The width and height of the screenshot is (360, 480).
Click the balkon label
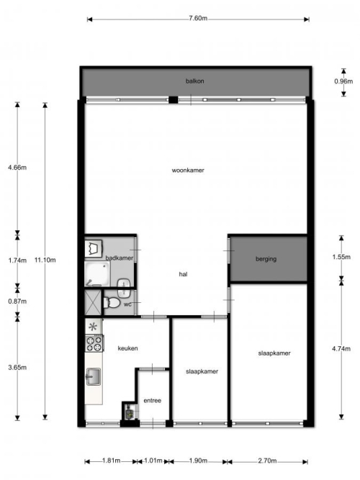click(x=194, y=81)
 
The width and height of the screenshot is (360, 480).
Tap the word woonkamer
click(x=188, y=171)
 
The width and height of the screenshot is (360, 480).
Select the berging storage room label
click(x=266, y=259)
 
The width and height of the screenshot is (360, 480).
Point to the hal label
click(x=183, y=274)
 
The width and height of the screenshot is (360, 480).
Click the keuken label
click(x=127, y=348)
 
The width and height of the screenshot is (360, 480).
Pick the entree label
click(x=152, y=401)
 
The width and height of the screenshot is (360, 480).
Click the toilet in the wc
click(x=112, y=302)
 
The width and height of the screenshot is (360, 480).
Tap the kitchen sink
click(x=93, y=376)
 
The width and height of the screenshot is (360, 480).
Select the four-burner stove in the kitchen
click(x=94, y=343)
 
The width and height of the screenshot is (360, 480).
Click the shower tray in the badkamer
click(x=96, y=273)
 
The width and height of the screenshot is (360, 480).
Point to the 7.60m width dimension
click(x=198, y=19)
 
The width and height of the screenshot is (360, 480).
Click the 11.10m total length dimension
click(x=45, y=261)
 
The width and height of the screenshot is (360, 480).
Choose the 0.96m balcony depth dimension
click(x=343, y=81)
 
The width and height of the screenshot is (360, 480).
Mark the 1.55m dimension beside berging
click(x=341, y=257)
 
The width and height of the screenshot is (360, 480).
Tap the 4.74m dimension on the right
click(x=341, y=349)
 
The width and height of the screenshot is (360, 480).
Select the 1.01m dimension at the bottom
click(x=153, y=461)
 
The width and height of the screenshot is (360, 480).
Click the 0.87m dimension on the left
click(x=17, y=302)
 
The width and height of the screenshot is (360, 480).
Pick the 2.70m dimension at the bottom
click(x=267, y=461)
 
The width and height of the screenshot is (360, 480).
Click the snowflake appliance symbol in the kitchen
click(x=93, y=327)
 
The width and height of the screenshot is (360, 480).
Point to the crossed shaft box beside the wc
click(x=93, y=302)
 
